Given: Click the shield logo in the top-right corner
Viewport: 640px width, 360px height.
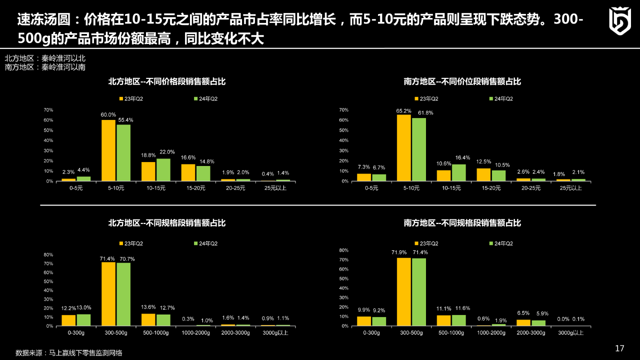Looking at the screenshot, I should tap(619, 21).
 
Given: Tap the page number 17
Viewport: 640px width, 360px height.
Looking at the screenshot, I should tap(619, 348).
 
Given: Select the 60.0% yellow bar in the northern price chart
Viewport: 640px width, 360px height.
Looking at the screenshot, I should tap(108, 150).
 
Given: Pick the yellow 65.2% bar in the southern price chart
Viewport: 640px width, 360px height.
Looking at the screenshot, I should tap(404, 148).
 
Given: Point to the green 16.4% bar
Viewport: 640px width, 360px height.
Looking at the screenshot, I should tap(458, 172).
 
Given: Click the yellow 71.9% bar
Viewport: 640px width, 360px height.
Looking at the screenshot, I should tap(404, 291).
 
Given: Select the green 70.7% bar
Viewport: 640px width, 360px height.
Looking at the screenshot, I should tap(123, 294).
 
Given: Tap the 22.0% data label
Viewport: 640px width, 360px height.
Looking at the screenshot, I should tap(167, 152).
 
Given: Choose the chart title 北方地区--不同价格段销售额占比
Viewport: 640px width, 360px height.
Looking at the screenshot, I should tap(167, 81).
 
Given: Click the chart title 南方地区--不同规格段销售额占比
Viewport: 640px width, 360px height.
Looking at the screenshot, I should tap(462, 223).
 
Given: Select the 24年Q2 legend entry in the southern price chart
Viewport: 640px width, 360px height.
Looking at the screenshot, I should tap(501, 99).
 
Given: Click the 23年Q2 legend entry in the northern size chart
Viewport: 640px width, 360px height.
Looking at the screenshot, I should tap(131, 243).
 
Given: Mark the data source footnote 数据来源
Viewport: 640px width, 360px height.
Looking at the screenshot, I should tap(69, 352).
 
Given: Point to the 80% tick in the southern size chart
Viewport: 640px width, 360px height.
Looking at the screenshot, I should tap(344, 250).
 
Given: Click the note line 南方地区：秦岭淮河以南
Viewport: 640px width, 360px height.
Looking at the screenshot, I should tap(45, 67).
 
